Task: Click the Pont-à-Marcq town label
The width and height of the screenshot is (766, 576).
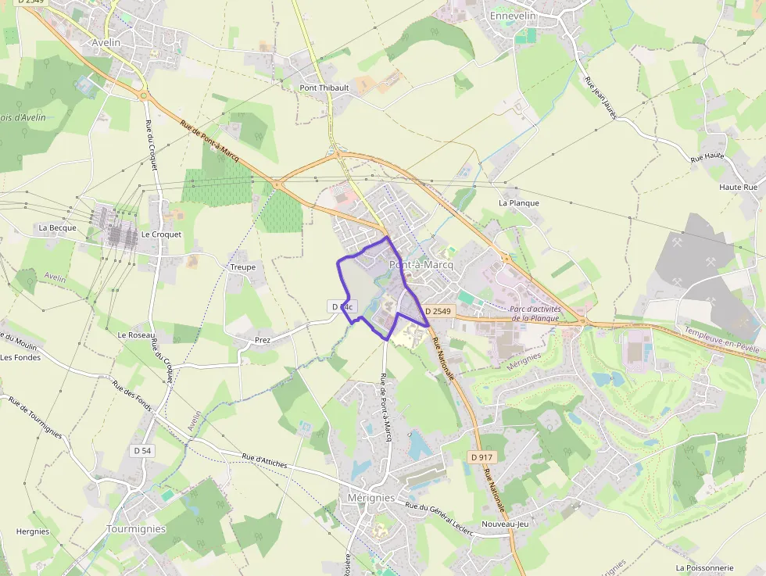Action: (x=421, y=265)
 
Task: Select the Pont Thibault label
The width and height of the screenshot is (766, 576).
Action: (x=324, y=88)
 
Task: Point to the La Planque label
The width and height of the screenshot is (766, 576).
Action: (x=519, y=203)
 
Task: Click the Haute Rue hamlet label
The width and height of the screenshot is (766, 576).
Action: (x=739, y=188)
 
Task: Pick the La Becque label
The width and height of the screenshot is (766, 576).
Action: (x=58, y=228)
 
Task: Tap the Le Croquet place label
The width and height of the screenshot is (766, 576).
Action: (x=161, y=234)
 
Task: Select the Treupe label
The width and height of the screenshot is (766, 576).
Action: (x=242, y=267)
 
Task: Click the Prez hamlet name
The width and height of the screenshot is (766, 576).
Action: (x=263, y=341)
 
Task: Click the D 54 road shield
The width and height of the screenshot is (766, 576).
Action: (x=142, y=450)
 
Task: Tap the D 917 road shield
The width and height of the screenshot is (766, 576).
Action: (x=481, y=456)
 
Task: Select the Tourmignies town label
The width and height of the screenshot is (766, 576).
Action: (x=136, y=529)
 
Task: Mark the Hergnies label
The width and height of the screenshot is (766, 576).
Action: (x=33, y=531)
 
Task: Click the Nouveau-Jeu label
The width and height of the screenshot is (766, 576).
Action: (x=505, y=524)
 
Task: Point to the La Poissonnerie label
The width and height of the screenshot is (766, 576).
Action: (x=704, y=567)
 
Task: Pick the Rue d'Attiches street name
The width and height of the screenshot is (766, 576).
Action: (x=264, y=461)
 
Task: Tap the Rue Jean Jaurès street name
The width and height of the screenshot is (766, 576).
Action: (x=600, y=98)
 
